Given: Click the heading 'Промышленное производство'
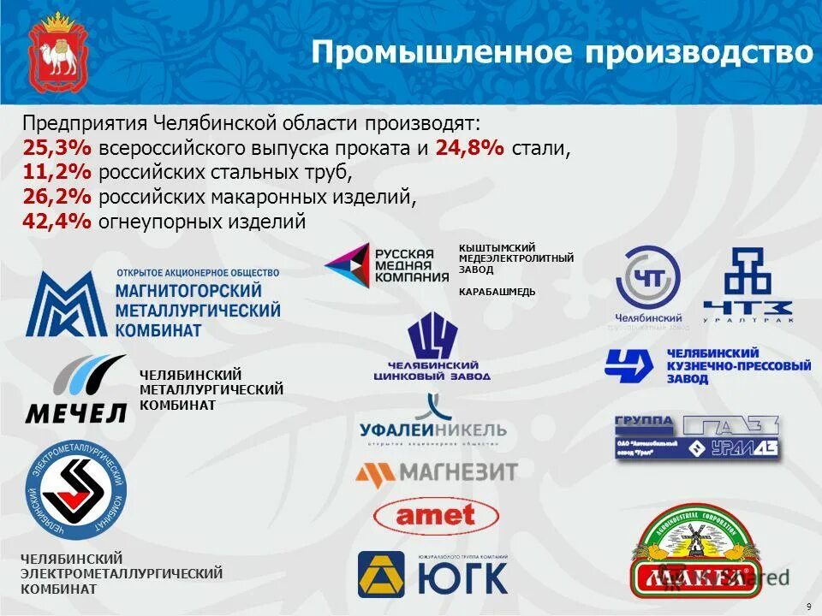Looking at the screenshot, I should (561, 52).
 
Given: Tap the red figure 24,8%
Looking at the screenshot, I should (470, 148).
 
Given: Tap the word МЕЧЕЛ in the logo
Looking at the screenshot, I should (75, 413).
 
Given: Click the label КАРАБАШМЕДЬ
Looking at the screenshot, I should (497, 292).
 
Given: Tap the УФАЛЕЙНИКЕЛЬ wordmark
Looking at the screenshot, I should (433, 429).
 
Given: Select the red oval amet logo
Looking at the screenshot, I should (436, 515).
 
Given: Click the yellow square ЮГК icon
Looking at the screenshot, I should (381, 573).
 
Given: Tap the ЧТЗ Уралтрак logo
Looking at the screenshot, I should (748, 287).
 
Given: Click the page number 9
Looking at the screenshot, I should (808, 607).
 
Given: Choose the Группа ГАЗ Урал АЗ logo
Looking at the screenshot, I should (697, 439).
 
